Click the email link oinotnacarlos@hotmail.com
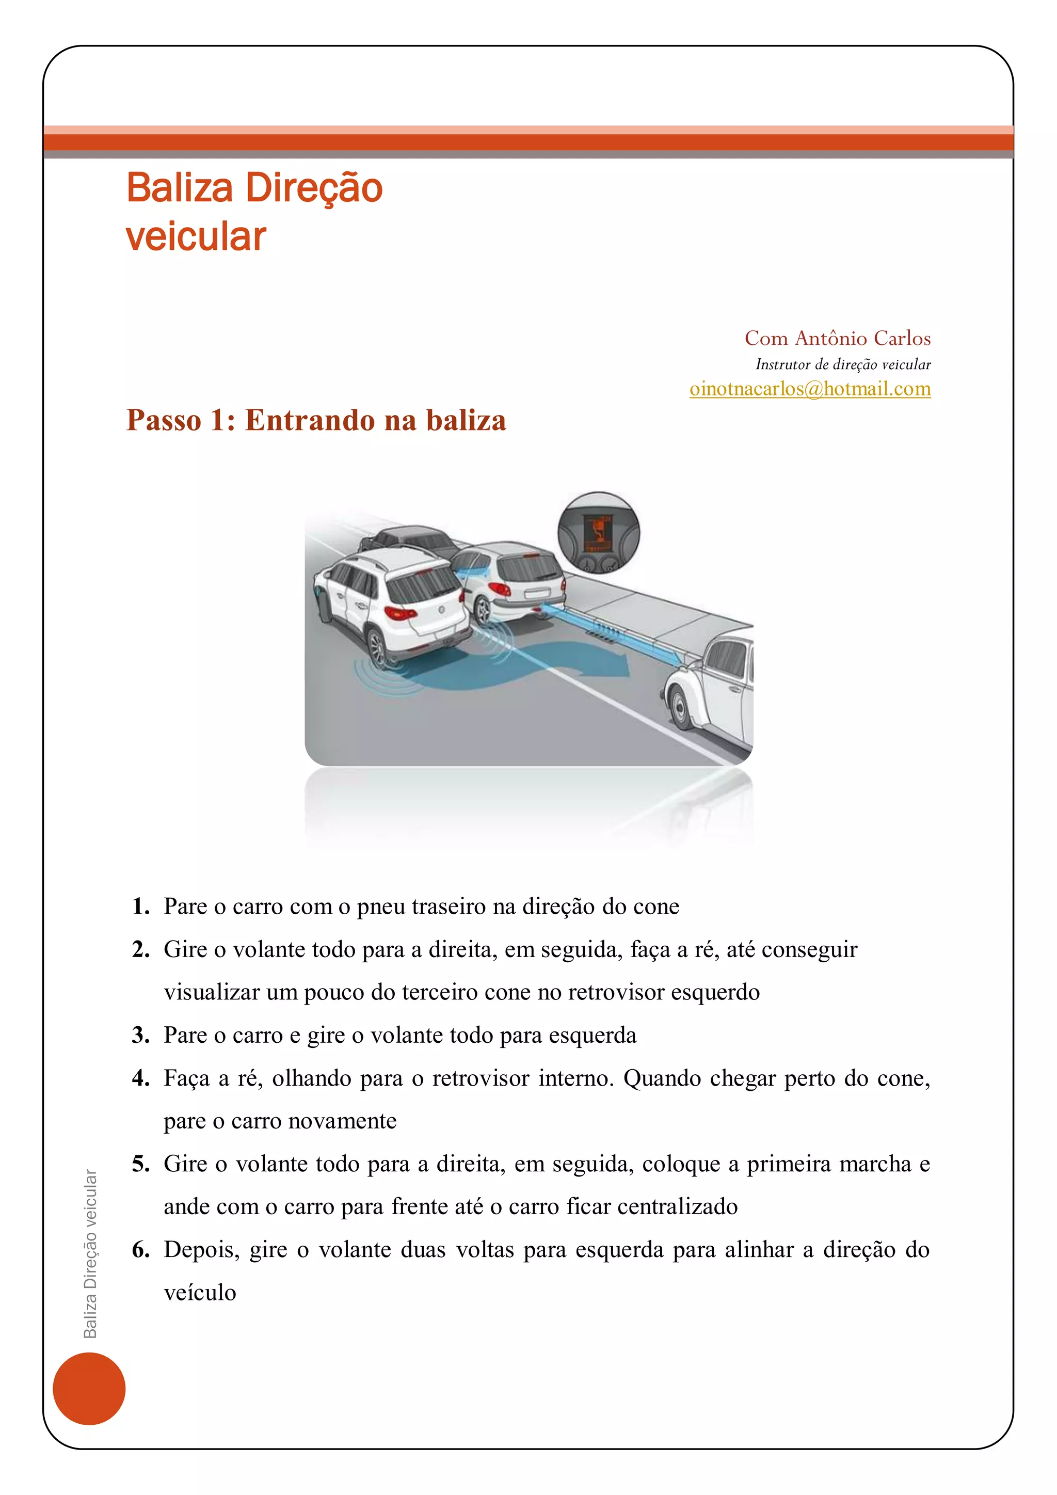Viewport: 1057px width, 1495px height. pos(810,389)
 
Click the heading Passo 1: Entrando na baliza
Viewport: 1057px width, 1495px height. pos(316,420)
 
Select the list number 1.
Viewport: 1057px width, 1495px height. pos(140,906)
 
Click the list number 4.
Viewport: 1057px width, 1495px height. pos(140,1078)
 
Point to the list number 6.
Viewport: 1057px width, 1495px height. pos(140,1249)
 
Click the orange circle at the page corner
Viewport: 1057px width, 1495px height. pos(89,1388)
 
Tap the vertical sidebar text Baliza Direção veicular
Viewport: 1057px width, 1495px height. pos(90,1253)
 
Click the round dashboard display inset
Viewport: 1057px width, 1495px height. pos(599,533)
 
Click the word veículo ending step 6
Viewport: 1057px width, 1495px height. pos(200,1293)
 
